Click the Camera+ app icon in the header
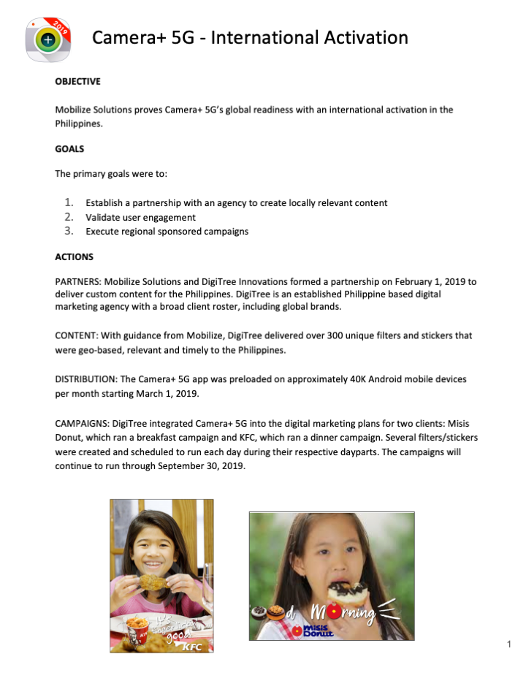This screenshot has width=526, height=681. (x=47, y=39)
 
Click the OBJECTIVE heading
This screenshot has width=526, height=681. (x=78, y=81)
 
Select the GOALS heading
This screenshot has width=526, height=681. (x=69, y=149)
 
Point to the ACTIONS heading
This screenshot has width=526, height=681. (x=74, y=257)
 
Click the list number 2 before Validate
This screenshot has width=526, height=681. (x=69, y=217)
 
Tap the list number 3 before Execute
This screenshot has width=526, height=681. (x=69, y=231)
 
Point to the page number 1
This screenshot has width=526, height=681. (x=508, y=644)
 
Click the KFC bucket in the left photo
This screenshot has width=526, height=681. (x=138, y=629)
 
